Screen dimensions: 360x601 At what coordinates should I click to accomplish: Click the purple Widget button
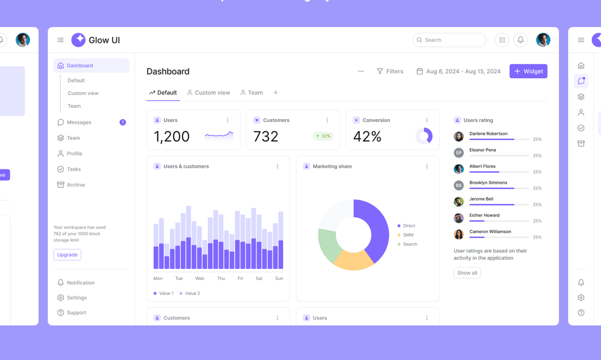(528, 71)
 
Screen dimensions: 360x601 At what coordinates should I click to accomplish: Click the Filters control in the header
(390, 71)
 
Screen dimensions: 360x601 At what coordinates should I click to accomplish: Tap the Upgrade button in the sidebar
(67, 255)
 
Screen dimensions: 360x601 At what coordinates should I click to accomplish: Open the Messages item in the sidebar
(79, 122)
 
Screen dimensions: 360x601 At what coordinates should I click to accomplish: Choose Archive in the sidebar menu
(75, 185)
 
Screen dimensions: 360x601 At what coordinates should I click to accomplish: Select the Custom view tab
(208, 93)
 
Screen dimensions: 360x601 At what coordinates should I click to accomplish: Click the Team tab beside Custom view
(252, 93)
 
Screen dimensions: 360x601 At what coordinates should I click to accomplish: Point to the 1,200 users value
(172, 137)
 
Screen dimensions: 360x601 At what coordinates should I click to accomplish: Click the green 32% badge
(323, 137)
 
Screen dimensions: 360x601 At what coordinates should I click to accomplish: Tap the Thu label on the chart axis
(221, 278)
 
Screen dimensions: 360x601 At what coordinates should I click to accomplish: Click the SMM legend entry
(408, 235)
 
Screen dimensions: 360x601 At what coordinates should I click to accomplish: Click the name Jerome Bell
(481, 199)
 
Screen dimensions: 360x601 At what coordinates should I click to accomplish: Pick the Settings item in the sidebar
(77, 298)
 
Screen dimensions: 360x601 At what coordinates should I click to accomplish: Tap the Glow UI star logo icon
(78, 40)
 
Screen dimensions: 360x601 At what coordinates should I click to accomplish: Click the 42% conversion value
(367, 137)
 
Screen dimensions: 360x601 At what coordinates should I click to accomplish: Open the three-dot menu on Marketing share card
(427, 166)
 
